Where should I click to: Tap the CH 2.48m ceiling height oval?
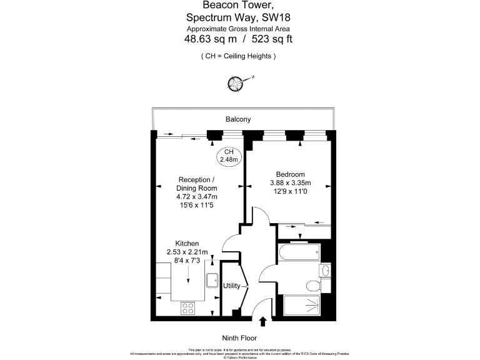tap(229, 156)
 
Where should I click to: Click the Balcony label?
tap(238, 119)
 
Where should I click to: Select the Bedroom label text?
tap(290, 174)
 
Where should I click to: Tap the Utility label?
tap(232, 286)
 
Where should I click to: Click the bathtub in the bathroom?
tap(299, 254)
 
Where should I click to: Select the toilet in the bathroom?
tap(312, 286)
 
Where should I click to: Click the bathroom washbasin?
tap(323, 270)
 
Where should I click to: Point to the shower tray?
tap(302, 307)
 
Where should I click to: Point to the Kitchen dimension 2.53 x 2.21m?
tap(187, 252)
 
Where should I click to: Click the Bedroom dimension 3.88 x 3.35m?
tap(290, 182)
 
